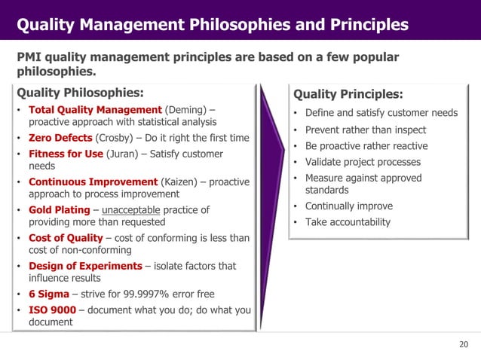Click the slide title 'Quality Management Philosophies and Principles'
tap(213, 26)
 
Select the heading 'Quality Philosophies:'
tap(80, 93)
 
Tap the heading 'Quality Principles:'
tap(348, 94)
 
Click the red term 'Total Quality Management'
tap(95, 110)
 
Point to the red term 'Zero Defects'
tap(60, 138)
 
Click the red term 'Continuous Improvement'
tap(93, 182)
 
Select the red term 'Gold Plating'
tap(60, 209)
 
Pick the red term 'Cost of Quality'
tap(66, 238)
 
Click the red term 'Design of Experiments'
tap(85, 266)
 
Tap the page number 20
tap(463, 345)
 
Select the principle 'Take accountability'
tap(348, 222)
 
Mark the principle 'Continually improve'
tap(348, 206)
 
